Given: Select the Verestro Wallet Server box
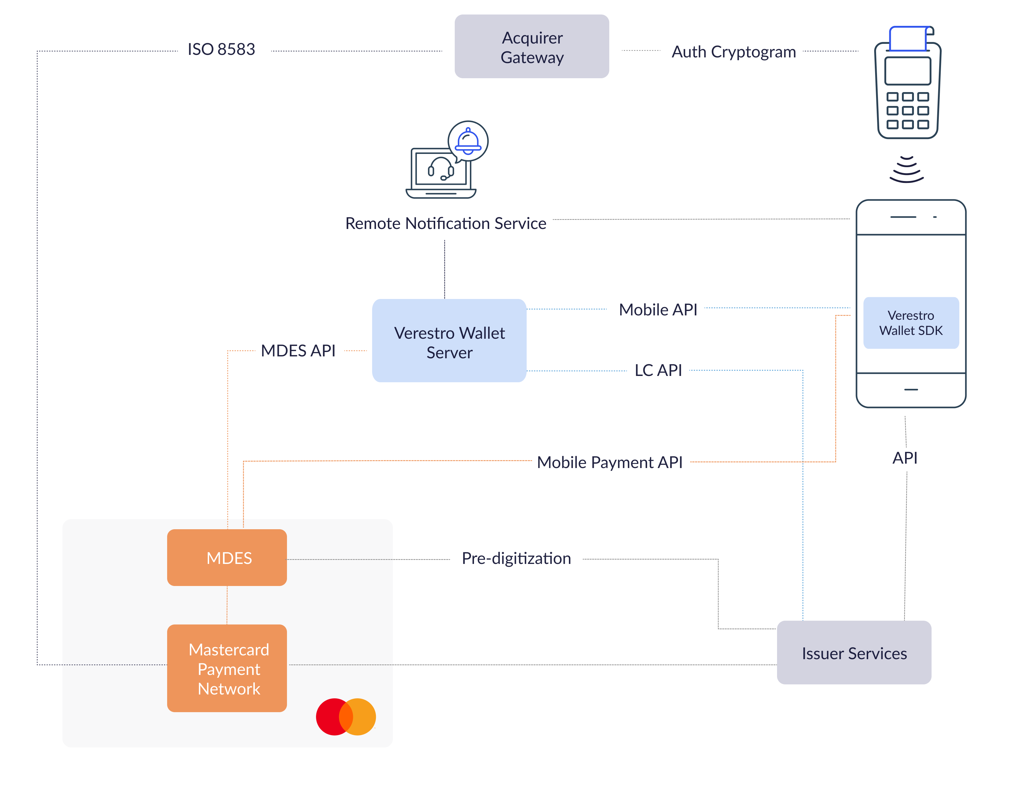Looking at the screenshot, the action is (449, 340).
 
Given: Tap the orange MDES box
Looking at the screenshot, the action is (227, 558).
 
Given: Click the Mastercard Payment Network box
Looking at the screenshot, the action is (227, 668).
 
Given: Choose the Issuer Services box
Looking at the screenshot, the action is (854, 653).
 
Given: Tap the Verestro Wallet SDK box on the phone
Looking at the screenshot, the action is (911, 323).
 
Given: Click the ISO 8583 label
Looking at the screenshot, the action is (221, 49).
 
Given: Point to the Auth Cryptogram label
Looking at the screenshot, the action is (733, 52).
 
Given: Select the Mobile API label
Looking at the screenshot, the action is (658, 309).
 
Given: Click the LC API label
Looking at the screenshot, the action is (658, 370).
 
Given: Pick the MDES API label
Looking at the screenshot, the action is (298, 351).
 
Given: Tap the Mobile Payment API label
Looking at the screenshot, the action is (610, 462).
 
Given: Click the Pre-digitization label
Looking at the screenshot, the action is (516, 559).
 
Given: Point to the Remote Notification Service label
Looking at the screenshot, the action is (446, 223).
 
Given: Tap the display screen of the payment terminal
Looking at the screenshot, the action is (908, 71).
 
